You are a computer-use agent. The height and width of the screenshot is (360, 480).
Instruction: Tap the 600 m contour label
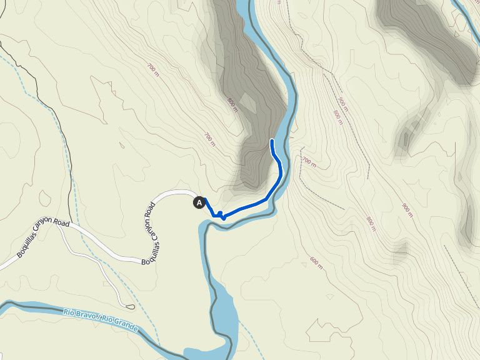(317, 262)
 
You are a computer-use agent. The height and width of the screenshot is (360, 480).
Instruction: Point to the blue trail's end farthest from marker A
(271, 141)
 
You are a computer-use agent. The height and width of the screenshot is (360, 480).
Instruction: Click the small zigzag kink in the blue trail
(221, 216)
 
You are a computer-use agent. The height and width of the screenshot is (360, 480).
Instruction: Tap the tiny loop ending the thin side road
(130, 306)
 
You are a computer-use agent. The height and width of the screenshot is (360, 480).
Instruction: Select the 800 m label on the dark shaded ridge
(232, 102)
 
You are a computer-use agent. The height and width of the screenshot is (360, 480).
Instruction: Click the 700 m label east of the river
(307, 162)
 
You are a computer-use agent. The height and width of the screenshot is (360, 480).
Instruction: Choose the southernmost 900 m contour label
(407, 210)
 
